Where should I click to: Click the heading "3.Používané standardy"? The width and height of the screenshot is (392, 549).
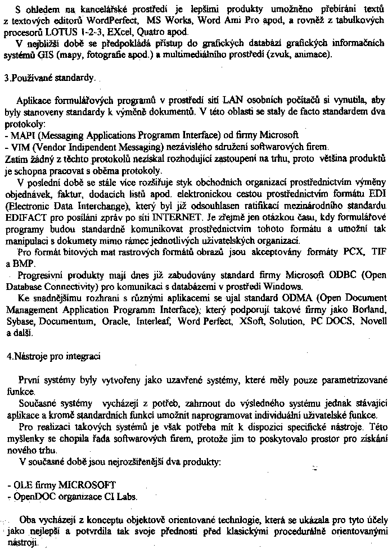click(x=49, y=79)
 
